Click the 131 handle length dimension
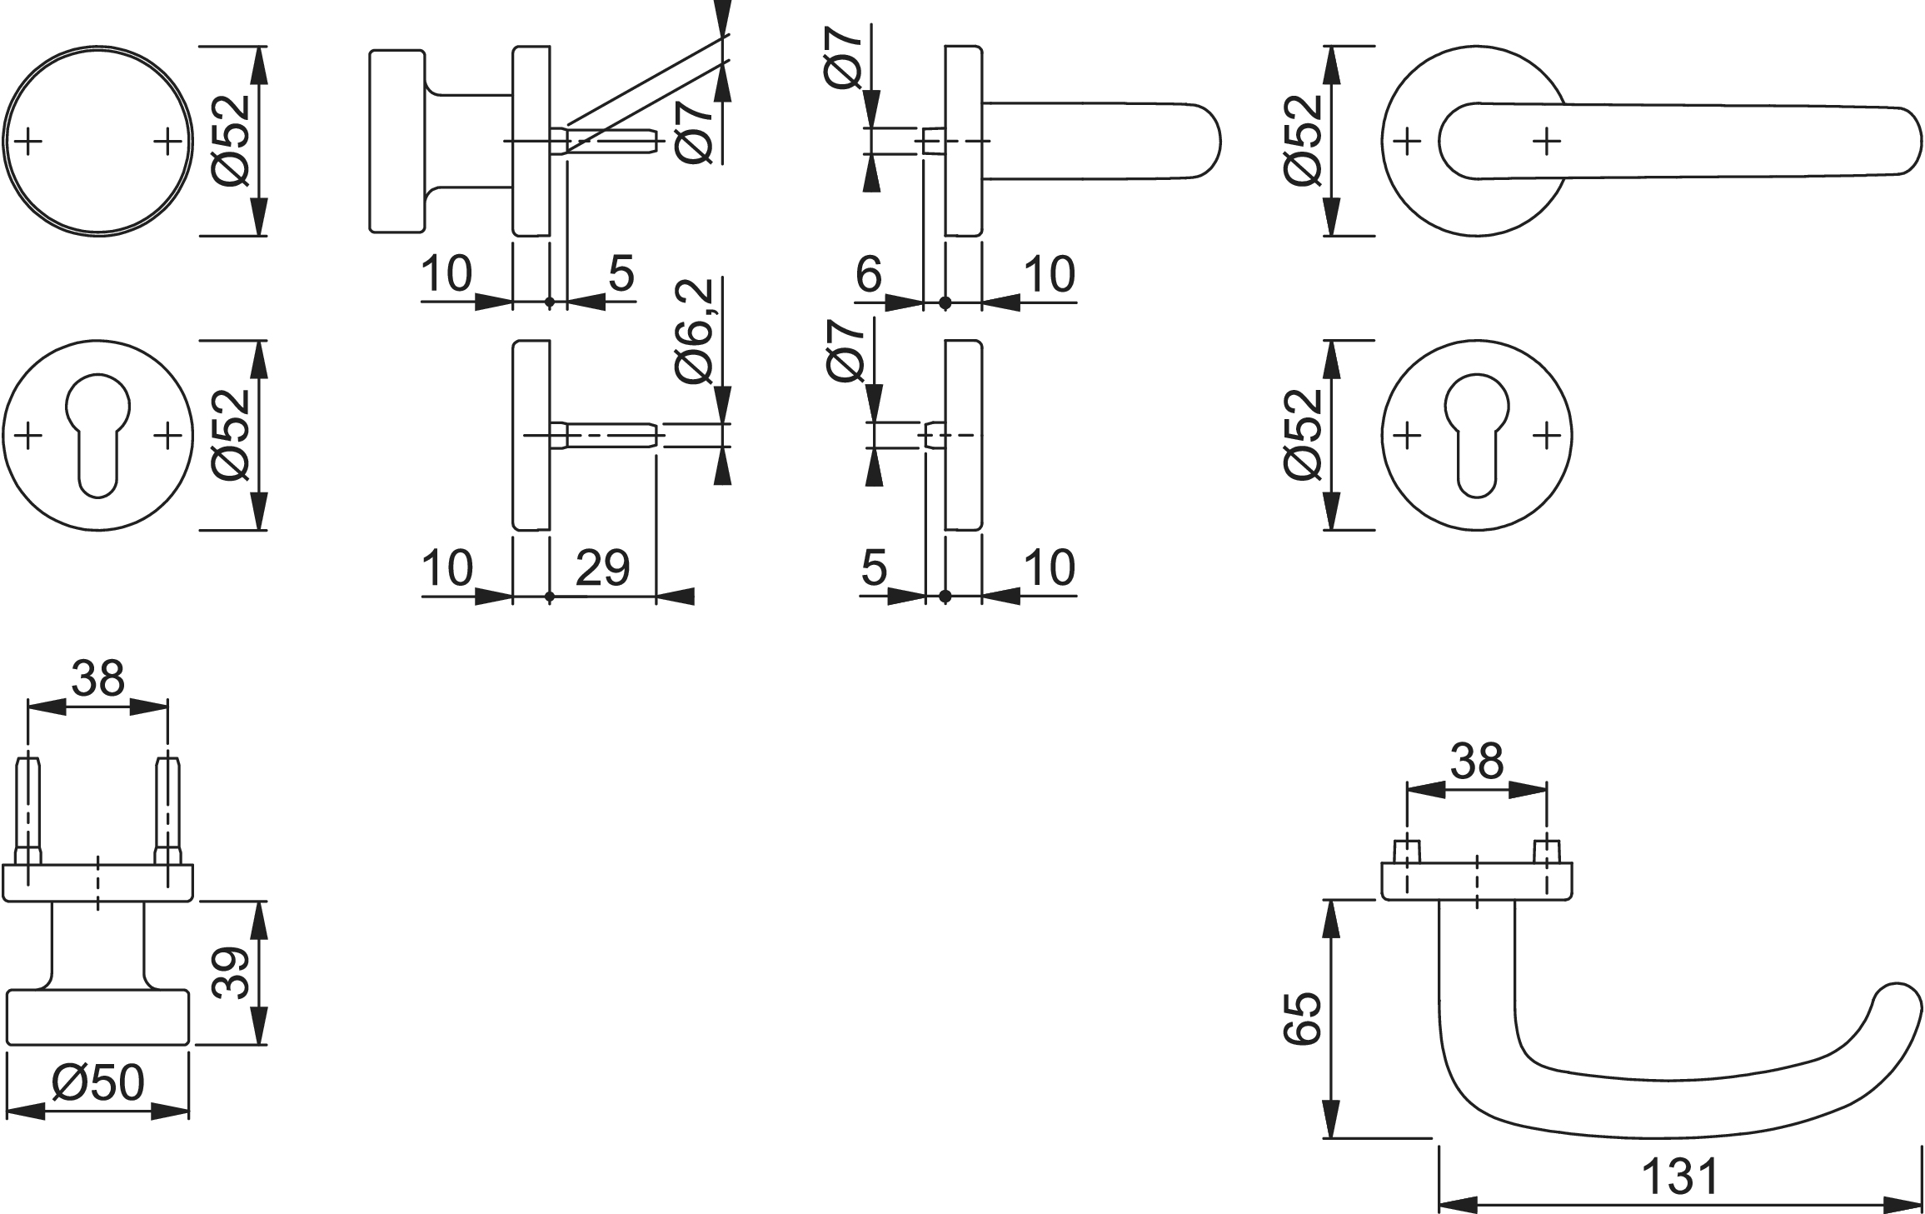(1678, 1177)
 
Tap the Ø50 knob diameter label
(98, 1082)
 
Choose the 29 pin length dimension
(602, 567)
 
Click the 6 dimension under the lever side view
(869, 273)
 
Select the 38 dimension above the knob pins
(97, 678)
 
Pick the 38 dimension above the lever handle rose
(1477, 761)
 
